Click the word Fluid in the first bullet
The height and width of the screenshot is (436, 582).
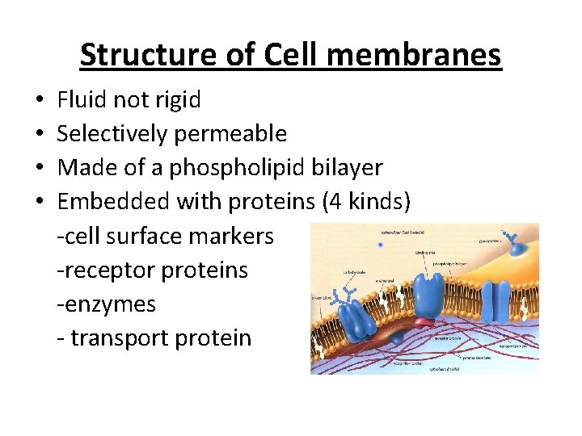78,100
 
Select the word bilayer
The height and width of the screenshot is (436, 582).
349,167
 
